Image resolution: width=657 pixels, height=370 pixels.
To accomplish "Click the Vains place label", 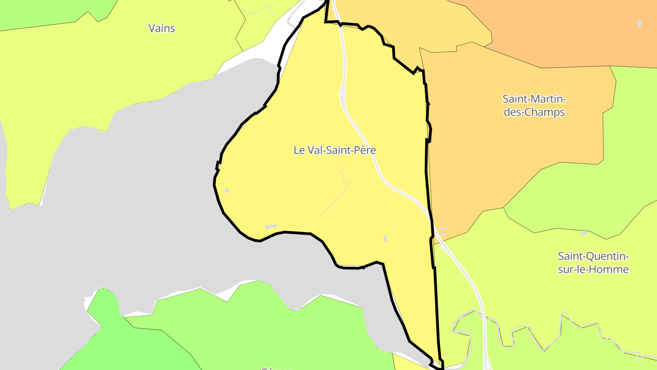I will click(162, 28).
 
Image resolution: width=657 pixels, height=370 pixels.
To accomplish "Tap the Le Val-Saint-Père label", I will click(334, 150).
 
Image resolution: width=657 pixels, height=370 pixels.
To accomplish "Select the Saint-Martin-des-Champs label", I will click(534, 106).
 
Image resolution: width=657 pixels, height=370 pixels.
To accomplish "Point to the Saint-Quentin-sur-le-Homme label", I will click(593, 262).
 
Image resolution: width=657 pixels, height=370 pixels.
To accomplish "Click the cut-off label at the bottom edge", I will click(276, 368).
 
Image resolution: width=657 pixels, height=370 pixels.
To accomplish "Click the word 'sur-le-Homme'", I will click(593, 270).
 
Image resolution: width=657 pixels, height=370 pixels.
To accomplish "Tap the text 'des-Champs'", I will click(534, 112).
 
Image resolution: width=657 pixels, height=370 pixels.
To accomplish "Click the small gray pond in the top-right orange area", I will click(639, 23).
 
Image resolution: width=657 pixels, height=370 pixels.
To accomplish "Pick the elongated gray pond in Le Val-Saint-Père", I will click(271, 227).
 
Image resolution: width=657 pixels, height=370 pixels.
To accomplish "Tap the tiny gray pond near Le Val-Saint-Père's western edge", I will click(226, 190).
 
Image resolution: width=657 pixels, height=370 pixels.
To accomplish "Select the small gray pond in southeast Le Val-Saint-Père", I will click(385, 238).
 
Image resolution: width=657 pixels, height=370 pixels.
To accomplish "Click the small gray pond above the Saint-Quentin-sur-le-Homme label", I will click(584, 233).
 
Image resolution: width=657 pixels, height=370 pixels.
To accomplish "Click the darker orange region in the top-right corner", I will click(570, 27).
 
